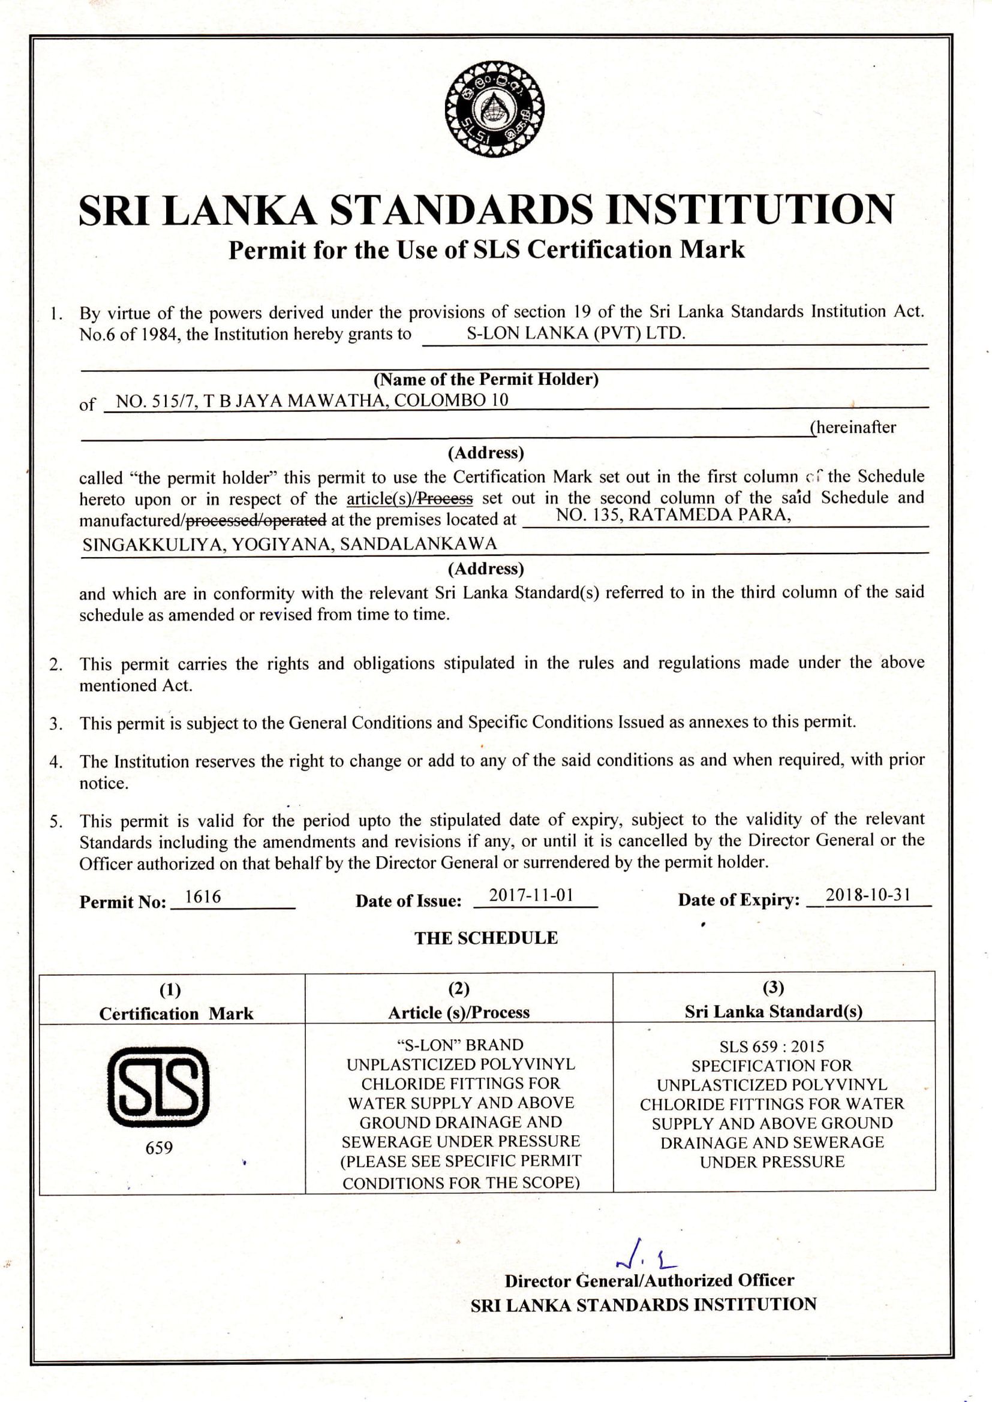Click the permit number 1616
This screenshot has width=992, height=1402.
tap(203, 897)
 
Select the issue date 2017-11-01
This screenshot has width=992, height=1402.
tap(531, 896)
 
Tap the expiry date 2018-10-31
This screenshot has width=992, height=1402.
tap(868, 895)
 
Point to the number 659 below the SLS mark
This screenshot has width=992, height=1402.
tap(159, 1148)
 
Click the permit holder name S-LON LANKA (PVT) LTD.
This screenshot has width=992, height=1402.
tap(576, 333)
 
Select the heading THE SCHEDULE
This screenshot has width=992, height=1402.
tap(486, 938)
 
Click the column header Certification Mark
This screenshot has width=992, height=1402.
tap(176, 1013)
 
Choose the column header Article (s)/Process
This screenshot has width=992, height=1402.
tap(459, 1012)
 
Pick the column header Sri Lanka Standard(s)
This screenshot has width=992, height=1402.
tap(773, 1011)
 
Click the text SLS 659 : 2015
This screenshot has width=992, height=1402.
tap(771, 1046)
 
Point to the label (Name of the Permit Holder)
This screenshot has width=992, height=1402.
tap(486, 379)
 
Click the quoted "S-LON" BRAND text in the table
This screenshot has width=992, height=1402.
tap(459, 1045)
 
